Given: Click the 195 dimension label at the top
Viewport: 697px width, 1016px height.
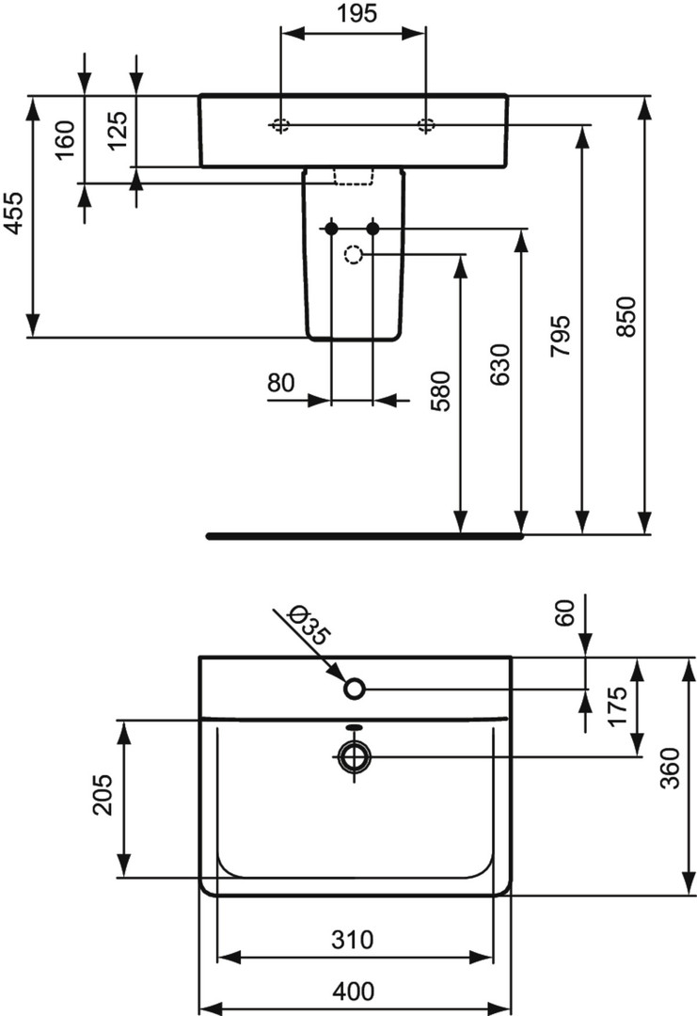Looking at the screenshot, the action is [356, 13].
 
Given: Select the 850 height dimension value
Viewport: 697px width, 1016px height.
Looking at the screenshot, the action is [626, 316].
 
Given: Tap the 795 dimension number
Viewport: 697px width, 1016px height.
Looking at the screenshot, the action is [561, 336].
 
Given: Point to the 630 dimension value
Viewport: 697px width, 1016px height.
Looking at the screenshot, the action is [500, 365].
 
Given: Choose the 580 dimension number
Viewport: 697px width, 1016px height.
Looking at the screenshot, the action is [440, 391].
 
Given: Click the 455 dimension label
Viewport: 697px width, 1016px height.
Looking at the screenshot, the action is [13, 213].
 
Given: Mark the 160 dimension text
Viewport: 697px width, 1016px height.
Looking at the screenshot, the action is [65, 139].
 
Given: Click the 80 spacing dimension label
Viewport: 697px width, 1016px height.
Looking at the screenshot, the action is [281, 383].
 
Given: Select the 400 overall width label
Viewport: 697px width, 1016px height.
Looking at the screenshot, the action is [353, 991].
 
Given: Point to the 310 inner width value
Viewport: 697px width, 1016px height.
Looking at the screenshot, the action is [353, 940].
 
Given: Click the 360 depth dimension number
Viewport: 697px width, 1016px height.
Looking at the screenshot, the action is [670, 768].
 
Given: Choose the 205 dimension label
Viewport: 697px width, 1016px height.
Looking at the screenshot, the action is [103, 795].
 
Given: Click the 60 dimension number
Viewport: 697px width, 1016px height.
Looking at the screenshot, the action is [565, 613].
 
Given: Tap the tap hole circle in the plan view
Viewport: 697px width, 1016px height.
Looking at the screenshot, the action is [355, 689].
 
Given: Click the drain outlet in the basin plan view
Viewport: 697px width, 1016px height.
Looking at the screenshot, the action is [355, 756].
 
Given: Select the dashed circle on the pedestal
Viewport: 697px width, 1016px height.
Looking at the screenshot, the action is [354, 255].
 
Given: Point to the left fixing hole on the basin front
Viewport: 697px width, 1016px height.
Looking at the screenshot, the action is [280, 126].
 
